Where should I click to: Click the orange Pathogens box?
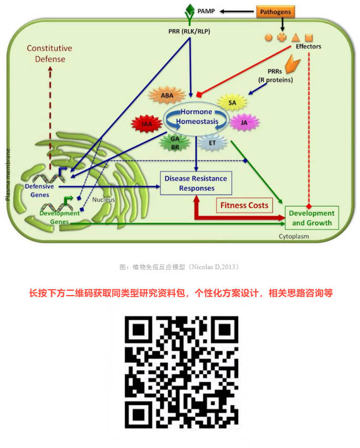click(275, 12)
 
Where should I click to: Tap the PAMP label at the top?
click(206, 11)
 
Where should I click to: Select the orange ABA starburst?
click(167, 95)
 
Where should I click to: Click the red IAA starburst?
click(147, 124)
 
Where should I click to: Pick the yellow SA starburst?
click(232, 103)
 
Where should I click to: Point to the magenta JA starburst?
click(244, 123)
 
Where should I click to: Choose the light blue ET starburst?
click(212, 142)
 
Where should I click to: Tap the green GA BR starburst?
click(175, 143)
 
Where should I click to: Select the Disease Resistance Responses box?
click(196, 183)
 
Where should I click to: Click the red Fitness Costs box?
click(244, 205)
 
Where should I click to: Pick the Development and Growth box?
click(312, 218)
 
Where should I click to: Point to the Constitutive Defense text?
click(50, 54)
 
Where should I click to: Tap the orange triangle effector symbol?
click(296, 37)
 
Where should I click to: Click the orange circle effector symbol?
click(269, 37)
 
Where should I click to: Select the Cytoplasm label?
click(294, 236)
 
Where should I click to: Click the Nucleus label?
click(104, 199)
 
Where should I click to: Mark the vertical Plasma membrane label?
click(8, 174)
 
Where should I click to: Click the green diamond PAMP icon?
click(190, 10)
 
